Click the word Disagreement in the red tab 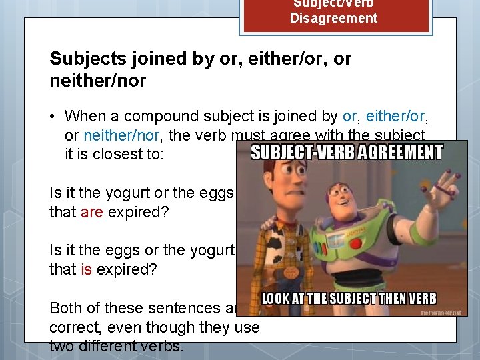(333, 18)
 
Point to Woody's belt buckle (292, 273)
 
